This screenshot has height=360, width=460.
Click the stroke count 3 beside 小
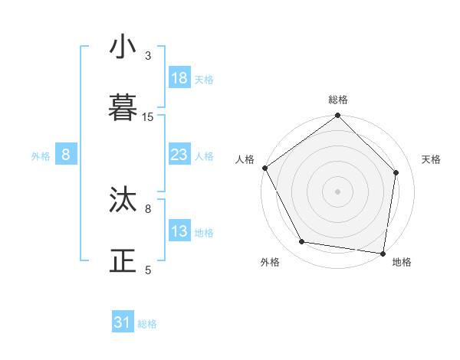pyautogui.click(x=149, y=56)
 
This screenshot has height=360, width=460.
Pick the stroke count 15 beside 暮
pyautogui.click(x=148, y=117)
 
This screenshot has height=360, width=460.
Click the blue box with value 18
pyautogui.click(x=179, y=78)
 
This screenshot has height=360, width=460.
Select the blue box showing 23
pyautogui.click(x=179, y=155)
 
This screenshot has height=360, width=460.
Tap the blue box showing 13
pyautogui.click(x=179, y=231)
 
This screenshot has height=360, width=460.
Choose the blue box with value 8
pyautogui.click(x=66, y=155)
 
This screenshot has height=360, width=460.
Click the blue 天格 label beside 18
pyautogui.click(x=204, y=79)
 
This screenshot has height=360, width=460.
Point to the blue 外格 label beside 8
pyautogui.click(x=41, y=155)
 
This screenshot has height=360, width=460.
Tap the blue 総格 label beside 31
pyautogui.click(x=147, y=324)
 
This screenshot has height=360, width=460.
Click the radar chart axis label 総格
pyautogui.click(x=338, y=100)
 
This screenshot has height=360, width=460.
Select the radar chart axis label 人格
pyautogui.click(x=245, y=159)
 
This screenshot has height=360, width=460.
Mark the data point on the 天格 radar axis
pyautogui.click(x=396, y=172)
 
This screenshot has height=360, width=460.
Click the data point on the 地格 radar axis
pyautogui.click(x=383, y=253)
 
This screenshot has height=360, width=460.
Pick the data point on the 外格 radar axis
pyautogui.click(x=302, y=242)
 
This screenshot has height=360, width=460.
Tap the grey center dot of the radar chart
pyautogui.click(x=338, y=191)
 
